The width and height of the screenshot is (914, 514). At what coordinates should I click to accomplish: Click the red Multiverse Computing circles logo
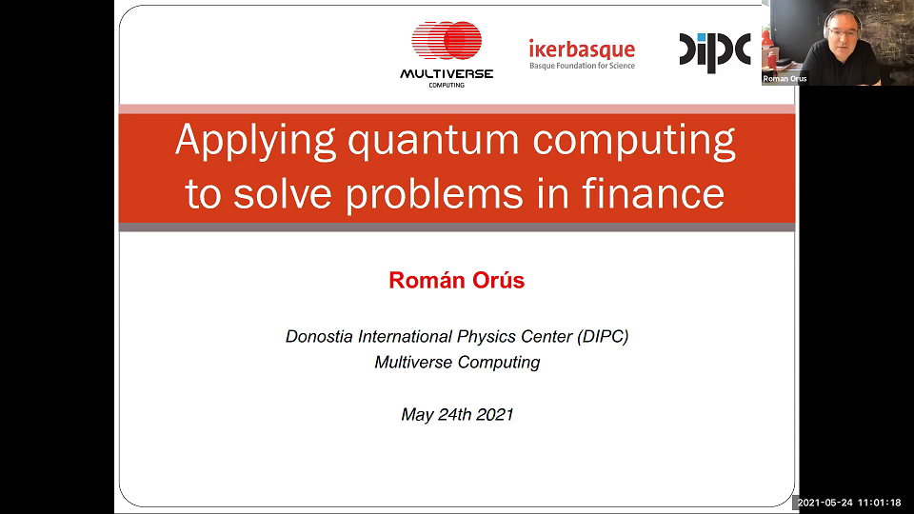(447, 41)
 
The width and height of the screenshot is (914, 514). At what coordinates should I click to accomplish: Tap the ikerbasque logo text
(582, 49)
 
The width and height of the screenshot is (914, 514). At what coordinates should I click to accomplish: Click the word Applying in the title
(255, 141)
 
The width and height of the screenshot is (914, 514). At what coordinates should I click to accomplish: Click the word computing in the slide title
(634, 141)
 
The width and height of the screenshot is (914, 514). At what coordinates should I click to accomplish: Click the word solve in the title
(286, 193)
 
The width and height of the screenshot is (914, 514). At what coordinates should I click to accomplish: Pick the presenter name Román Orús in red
(457, 280)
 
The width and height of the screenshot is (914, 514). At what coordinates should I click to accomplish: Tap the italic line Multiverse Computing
(457, 362)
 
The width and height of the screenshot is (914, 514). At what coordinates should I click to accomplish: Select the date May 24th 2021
(457, 414)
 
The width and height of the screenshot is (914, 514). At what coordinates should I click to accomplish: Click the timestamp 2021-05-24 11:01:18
(849, 502)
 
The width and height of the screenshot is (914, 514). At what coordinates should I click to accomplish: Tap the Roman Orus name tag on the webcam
(785, 79)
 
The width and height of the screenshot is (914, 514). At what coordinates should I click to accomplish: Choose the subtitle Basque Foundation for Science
(582, 66)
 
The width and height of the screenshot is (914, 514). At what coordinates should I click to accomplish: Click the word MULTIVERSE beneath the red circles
(447, 74)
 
